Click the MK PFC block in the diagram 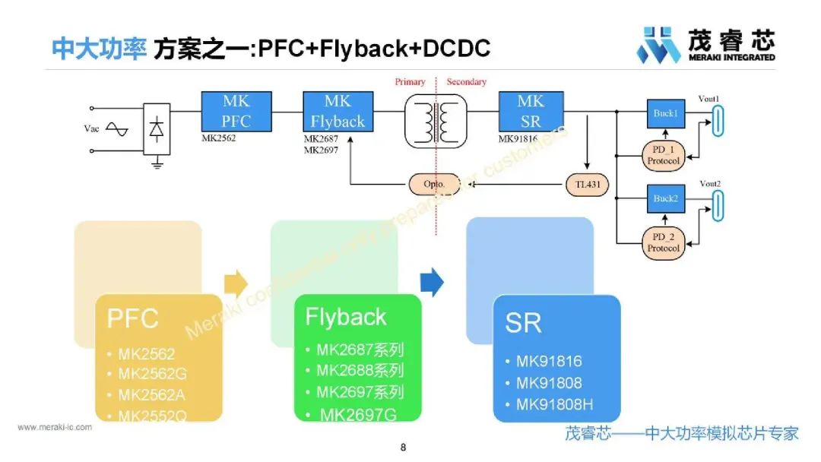(x=236, y=112)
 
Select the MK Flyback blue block (x=338, y=112)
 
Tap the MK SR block (x=531, y=112)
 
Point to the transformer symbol (x=435, y=120)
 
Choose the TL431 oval (x=588, y=185)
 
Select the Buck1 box (x=664, y=113)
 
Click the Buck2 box (x=664, y=198)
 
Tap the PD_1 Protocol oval (x=664, y=156)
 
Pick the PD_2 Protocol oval (x=664, y=243)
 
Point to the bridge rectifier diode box (x=157, y=129)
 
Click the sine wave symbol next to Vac (x=117, y=129)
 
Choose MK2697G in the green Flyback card (x=358, y=414)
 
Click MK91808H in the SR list (x=554, y=405)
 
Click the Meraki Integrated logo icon (x=658, y=46)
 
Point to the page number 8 (x=403, y=448)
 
